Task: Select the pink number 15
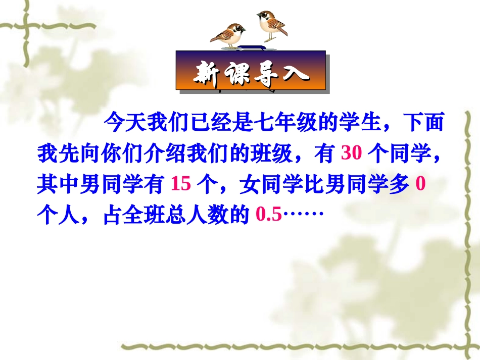coord(181,185)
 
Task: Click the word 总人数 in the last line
coord(202,216)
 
